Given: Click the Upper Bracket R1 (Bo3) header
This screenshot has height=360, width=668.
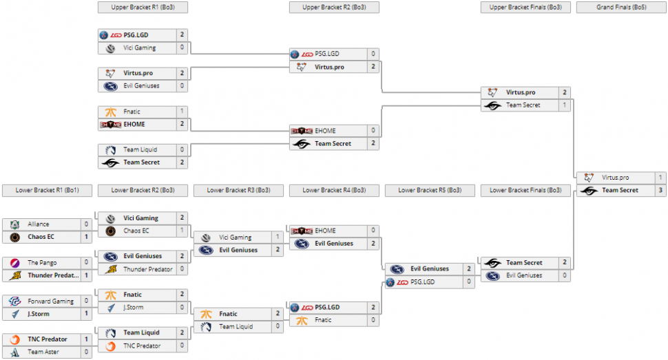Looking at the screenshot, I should tap(143, 7).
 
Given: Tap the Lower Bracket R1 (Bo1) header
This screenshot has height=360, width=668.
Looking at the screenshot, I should tap(47, 191).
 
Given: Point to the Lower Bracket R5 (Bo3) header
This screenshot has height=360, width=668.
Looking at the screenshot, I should tap(430, 191).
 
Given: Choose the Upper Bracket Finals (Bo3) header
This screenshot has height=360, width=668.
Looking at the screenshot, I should tap(525, 7).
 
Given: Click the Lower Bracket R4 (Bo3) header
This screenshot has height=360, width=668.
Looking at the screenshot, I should tap(334, 191).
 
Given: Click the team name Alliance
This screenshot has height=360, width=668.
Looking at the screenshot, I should tap(39, 224).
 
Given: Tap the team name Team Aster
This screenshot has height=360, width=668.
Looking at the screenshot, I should tap(43, 352).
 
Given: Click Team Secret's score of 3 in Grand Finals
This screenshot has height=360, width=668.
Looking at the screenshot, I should tap(660, 190).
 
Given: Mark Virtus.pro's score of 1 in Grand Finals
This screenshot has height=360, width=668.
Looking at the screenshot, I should tap(660, 178).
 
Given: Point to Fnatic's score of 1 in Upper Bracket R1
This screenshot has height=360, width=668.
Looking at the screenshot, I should tap(182, 111).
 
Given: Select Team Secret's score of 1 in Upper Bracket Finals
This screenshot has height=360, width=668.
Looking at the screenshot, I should tap(564, 105).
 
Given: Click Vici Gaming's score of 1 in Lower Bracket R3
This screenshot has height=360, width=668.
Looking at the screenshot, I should tap(278, 237).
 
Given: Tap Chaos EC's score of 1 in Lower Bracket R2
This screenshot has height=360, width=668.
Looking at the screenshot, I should tap(182, 231).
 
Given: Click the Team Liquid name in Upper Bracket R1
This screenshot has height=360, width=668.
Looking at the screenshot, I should tap(140, 149).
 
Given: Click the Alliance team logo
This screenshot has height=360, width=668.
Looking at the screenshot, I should tap(14, 224).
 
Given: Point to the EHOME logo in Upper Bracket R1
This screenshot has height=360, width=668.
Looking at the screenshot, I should tap(110, 124).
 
